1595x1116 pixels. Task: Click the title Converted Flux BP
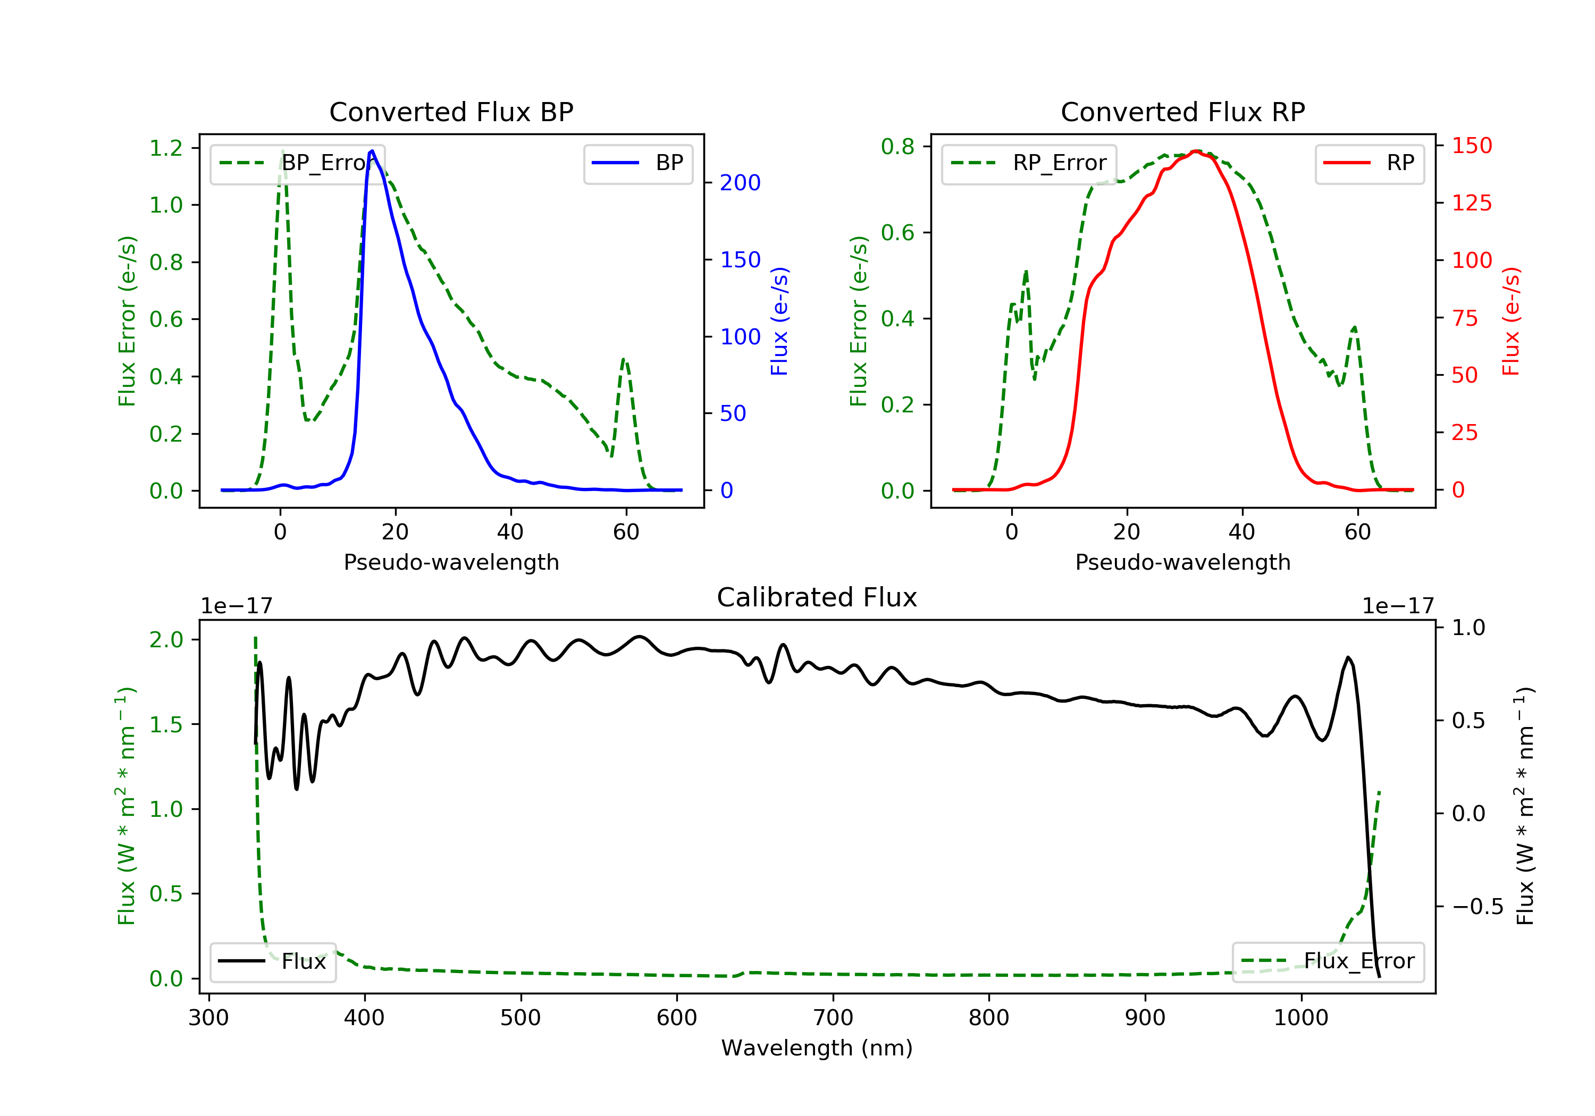(x=451, y=112)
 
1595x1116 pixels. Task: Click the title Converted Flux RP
(x=1182, y=112)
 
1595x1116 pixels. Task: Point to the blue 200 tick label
(x=740, y=183)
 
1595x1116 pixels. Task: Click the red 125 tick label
(x=1471, y=203)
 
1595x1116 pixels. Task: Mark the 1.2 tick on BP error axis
(x=166, y=148)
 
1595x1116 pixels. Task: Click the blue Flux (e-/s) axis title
(x=779, y=321)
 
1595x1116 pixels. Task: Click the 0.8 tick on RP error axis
(x=897, y=147)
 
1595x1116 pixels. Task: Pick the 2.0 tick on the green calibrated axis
(x=166, y=640)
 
